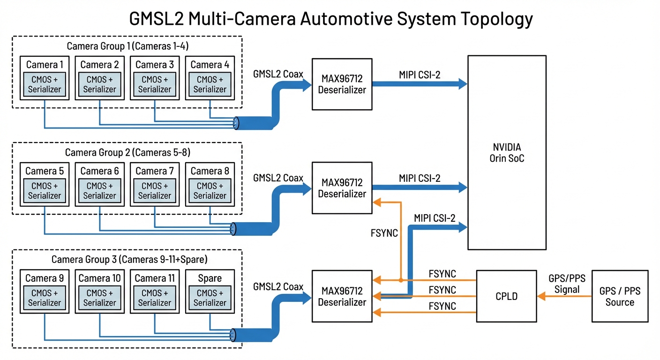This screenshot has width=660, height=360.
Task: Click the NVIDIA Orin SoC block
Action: [x=507, y=153]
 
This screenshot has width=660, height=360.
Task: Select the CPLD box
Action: [x=506, y=296]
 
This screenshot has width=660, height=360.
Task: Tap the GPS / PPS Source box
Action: [x=620, y=296]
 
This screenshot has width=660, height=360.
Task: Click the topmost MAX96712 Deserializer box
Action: [x=342, y=84]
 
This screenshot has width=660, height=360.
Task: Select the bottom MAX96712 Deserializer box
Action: [x=342, y=296]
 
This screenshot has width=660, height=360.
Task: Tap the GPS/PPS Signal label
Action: [x=567, y=284]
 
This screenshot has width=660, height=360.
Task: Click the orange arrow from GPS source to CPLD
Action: [x=564, y=296]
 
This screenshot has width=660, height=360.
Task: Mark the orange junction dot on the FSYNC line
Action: [x=401, y=280]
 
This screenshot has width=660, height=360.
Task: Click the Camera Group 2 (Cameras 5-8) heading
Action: [x=127, y=152]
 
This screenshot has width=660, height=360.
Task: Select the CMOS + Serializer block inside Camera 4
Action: [x=210, y=84]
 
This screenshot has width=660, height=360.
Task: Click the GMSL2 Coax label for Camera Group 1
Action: [x=278, y=74]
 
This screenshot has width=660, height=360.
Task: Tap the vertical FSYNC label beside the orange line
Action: [x=384, y=233]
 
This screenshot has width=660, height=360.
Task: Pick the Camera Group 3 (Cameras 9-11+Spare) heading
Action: [x=129, y=259]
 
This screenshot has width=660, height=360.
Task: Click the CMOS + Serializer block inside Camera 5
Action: [x=45, y=191]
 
